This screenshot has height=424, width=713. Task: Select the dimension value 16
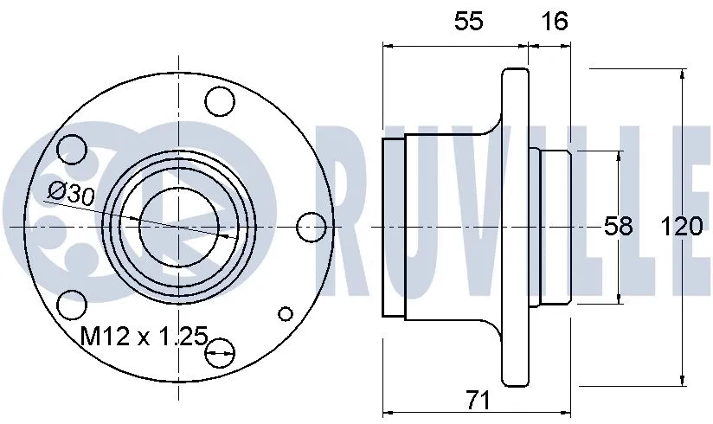(x=554, y=22)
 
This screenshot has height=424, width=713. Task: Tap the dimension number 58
(x=618, y=227)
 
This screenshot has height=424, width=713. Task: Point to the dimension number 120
(x=681, y=227)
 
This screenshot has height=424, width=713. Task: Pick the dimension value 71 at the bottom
(x=477, y=401)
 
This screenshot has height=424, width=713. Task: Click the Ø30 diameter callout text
(x=71, y=192)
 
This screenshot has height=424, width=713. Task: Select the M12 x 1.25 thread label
(x=144, y=336)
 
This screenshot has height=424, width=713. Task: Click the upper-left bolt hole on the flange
(x=71, y=149)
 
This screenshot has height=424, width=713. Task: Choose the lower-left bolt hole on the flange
(x=72, y=305)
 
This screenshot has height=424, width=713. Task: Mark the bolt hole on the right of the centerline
(x=311, y=227)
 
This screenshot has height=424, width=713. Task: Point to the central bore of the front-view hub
(x=177, y=227)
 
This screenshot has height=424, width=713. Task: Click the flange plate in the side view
(x=517, y=227)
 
